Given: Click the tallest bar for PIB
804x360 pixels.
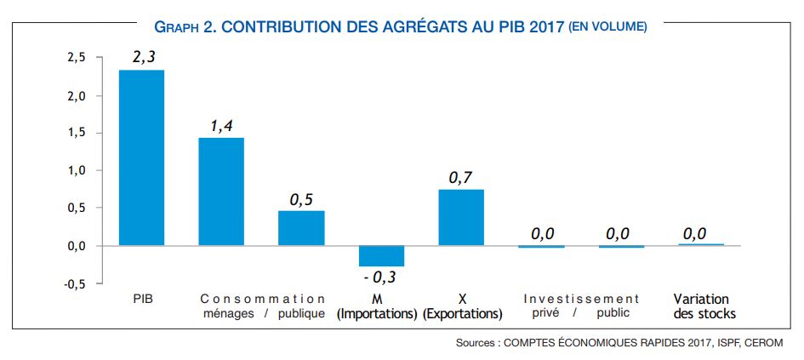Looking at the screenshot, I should (141, 157).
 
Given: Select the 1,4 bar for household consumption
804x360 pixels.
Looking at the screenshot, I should (221, 191).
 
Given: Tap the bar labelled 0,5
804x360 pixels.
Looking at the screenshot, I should (301, 228).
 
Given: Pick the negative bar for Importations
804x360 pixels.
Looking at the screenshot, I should (381, 255).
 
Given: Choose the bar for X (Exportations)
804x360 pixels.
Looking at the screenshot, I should (461, 217).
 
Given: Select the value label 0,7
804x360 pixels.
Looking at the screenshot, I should (461, 178).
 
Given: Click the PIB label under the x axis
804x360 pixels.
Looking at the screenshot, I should (142, 299).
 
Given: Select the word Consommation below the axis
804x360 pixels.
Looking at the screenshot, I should (263, 299).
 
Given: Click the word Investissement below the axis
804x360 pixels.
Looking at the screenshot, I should (581, 299).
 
